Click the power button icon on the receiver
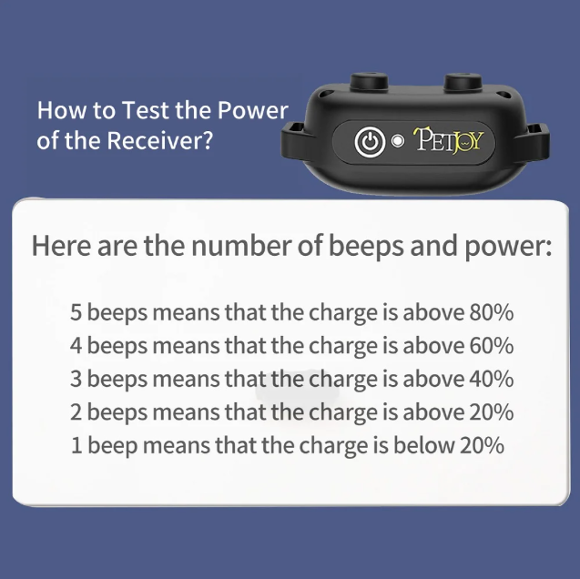[x=370, y=142]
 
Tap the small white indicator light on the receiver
[x=398, y=141]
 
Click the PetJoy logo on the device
[x=448, y=140]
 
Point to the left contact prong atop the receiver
[x=369, y=82]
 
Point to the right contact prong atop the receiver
[x=463, y=82]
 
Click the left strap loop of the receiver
[x=294, y=140]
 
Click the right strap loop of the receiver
[x=535, y=142]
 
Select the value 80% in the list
[x=492, y=312]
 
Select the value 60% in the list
[x=492, y=346]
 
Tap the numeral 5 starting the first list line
[x=76, y=312]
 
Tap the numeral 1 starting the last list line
[x=76, y=445]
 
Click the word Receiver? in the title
[x=160, y=140]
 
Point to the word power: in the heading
[x=508, y=248]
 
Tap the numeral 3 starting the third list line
[x=76, y=379]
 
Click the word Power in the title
[x=252, y=110]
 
